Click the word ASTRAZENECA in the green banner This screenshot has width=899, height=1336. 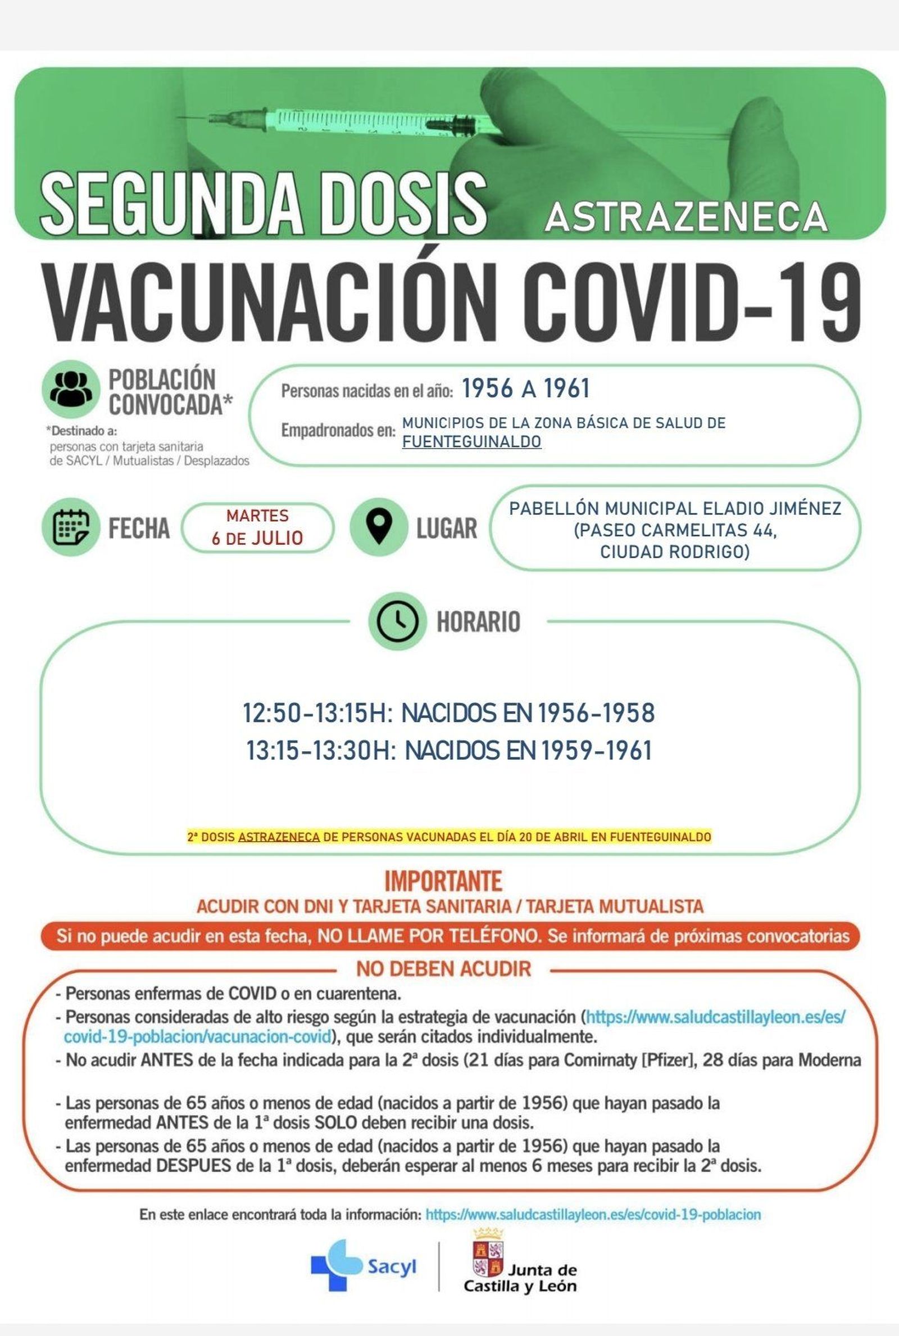685,217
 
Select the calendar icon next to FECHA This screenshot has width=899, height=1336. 71,526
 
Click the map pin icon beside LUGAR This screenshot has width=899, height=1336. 378,526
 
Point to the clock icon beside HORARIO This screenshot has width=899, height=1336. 397,621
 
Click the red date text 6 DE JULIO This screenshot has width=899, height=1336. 257,538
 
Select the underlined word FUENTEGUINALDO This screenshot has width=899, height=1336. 471,442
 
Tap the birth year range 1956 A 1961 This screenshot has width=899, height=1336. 525,389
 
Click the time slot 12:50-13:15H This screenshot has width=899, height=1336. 315,713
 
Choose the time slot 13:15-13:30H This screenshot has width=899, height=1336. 320,751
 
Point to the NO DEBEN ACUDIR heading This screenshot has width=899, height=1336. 443,969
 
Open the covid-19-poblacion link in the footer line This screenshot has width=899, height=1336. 593,1215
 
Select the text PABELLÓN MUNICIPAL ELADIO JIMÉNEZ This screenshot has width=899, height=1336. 675,509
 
